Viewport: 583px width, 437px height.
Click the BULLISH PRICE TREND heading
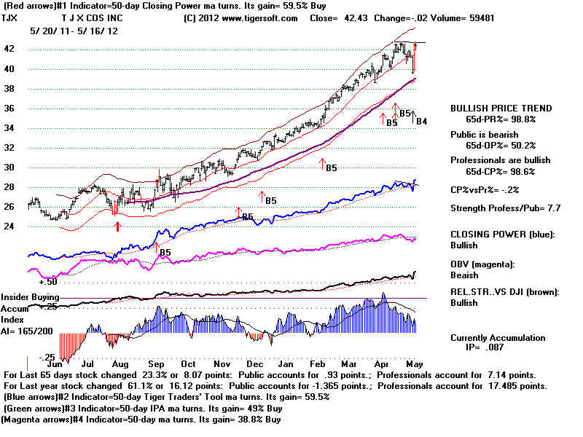click(501, 108)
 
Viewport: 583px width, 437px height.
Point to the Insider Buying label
click(30, 297)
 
